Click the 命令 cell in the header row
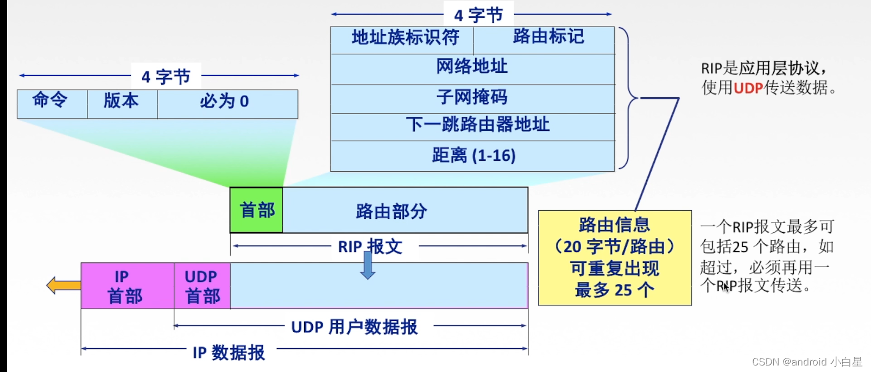click(52, 104)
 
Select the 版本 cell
click(122, 104)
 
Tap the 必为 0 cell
click(227, 104)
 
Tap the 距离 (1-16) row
click(472, 156)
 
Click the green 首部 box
click(256, 210)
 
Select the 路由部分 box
click(405, 210)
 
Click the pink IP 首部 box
click(127, 286)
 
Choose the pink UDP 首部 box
click(202, 286)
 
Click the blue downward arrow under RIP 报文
click(368, 266)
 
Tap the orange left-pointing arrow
click(63, 285)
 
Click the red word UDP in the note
click(748, 88)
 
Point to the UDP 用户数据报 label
click(354, 327)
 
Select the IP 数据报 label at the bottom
click(229, 352)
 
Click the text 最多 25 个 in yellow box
click(614, 290)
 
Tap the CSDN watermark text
click(807, 362)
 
